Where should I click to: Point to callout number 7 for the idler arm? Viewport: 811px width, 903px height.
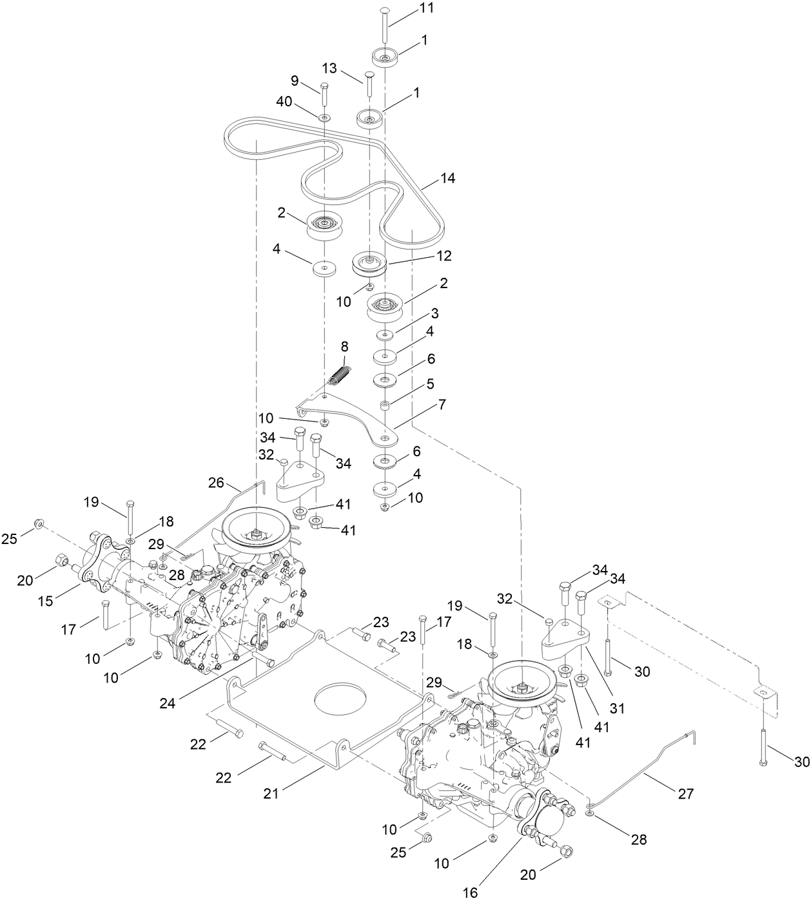click(x=442, y=405)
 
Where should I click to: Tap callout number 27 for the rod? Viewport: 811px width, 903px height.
click(x=685, y=793)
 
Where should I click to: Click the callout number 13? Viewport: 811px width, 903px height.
click(x=329, y=69)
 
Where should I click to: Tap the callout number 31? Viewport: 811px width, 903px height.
click(x=618, y=708)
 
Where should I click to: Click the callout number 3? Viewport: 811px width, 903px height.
click(x=435, y=314)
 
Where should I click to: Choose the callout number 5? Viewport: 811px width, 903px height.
click(x=430, y=385)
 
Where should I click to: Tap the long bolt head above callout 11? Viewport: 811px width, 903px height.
click(x=384, y=10)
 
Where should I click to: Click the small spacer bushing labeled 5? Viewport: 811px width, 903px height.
click(x=385, y=405)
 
